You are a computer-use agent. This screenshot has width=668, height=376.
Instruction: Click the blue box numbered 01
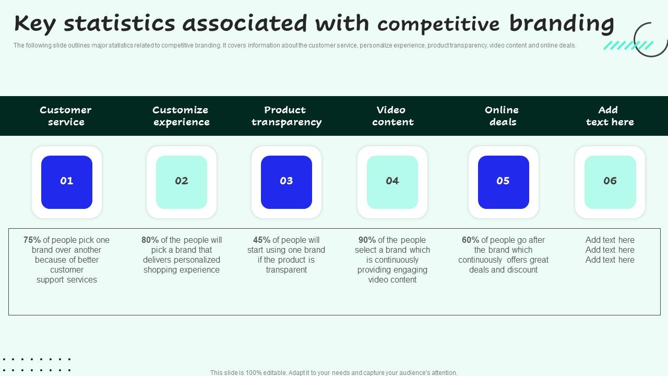point(67,182)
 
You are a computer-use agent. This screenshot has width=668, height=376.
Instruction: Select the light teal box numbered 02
point(182,182)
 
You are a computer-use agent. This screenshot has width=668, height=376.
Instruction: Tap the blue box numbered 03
point(287,182)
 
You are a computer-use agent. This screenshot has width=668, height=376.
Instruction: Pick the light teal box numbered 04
point(392,182)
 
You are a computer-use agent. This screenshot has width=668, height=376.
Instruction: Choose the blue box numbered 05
point(503,182)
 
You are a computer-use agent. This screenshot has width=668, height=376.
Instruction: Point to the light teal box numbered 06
point(610,182)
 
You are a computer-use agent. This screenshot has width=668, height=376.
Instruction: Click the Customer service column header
point(66,116)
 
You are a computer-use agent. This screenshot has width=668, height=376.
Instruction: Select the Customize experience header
point(181,116)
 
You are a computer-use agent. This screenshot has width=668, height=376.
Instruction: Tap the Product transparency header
point(286,116)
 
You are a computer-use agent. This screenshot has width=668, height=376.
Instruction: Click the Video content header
point(392,116)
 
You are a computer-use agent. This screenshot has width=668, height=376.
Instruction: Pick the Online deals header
point(502,116)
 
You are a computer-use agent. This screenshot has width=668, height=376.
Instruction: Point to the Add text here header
point(610,116)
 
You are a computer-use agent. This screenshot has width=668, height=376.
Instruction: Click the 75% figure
point(32,240)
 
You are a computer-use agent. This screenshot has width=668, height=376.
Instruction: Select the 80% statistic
point(150,240)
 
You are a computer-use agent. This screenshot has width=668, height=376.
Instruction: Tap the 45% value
point(261,240)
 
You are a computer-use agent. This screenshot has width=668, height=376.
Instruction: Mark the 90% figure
point(367,240)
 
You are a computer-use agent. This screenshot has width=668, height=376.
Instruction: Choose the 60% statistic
point(470,240)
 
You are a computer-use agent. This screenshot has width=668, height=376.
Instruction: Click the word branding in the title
point(562,23)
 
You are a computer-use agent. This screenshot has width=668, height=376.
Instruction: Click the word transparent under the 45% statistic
point(287,270)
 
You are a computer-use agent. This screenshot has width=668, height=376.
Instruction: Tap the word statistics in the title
point(120,23)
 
